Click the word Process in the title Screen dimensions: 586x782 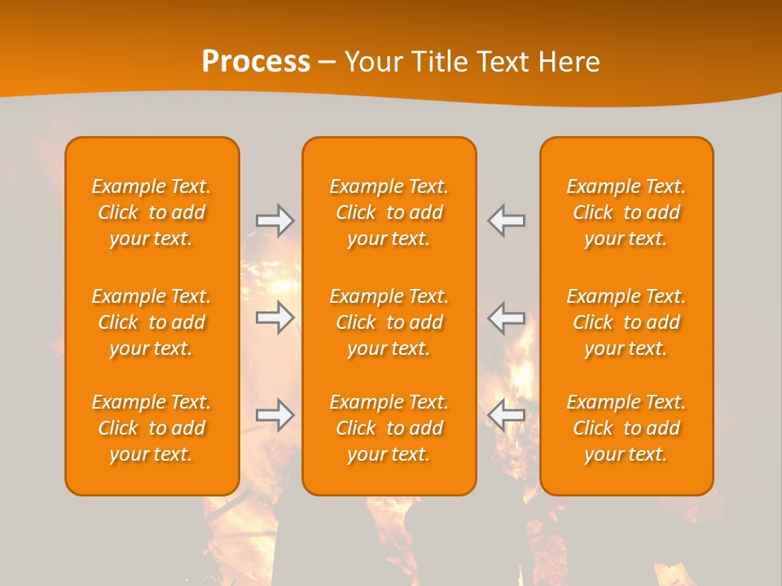click(x=256, y=61)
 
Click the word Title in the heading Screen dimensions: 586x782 click(x=441, y=62)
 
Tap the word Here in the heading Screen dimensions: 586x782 click(x=569, y=62)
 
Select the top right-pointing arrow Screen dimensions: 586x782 click(x=275, y=221)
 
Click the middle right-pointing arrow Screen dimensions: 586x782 click(x=275, y=317)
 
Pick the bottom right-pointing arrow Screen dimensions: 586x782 click(x=275, y=415)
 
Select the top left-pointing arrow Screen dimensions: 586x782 click(x=507, y=221)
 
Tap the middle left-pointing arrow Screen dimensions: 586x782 click(x=507, y=317)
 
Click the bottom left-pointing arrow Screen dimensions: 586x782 click(x=507, y=415)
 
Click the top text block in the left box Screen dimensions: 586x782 click(x=152, y=212)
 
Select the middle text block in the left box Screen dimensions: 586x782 click(x=152, y=322)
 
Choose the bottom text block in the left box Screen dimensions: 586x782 click(x=152, y=428)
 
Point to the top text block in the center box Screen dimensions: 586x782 click(x=389, y=212)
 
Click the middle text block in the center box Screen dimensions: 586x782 click(x=389, y=322)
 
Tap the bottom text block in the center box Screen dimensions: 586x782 click(x=389, y=428)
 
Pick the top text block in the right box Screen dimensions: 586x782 click(x=626, y=212)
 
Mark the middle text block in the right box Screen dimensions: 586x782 click(x=626, y=322)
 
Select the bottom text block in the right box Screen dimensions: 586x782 click(x=626, y=428)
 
